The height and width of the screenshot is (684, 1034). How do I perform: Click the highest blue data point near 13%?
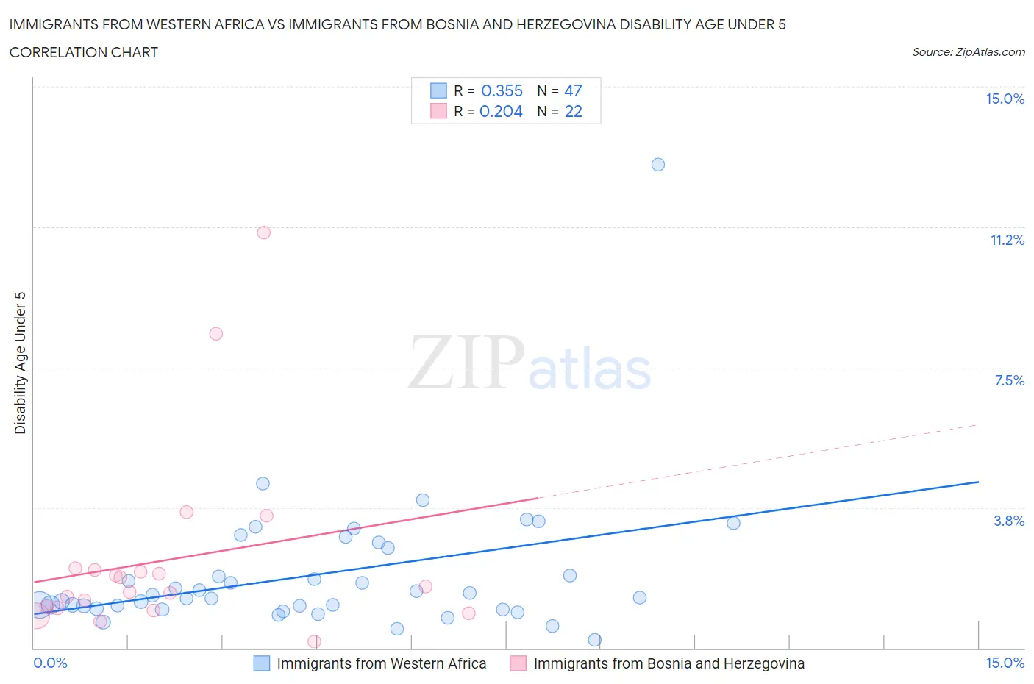pos(658,165)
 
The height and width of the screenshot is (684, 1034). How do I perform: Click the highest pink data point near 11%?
pos(264,232)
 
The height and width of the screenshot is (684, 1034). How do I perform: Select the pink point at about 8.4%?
pos(215,334)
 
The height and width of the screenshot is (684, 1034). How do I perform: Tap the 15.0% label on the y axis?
pos(1005,99)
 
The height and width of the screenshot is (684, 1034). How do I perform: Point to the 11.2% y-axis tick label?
pos(1007,241)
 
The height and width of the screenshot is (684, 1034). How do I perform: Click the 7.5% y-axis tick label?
pos(1009,381)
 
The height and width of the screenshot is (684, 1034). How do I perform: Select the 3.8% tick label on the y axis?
pos(1009,521)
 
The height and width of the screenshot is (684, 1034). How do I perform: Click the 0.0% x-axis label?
pos(51,663)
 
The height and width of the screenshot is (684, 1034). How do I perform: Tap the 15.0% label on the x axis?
pos(1005,663)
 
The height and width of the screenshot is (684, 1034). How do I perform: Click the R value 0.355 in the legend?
pos(502,91)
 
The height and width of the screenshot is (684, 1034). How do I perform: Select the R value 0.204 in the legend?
pos(501,112)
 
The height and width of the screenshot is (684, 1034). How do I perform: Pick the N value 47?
pos(573,91)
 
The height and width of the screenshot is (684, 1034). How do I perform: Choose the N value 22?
pos(573,112)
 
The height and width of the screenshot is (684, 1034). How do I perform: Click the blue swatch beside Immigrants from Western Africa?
pos(262,663)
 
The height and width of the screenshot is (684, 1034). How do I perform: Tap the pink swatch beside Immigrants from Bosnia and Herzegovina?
pos(518,663)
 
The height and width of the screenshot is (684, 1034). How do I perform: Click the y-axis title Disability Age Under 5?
pos(21,363)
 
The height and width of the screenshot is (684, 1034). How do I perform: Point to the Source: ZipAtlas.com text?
pos(968,52)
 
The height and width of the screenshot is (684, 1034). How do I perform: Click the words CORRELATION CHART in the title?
pos(84,53)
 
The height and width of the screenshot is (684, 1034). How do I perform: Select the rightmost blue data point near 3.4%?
pos(733,523)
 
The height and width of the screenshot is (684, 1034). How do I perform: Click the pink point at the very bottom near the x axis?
pos(314,642)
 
